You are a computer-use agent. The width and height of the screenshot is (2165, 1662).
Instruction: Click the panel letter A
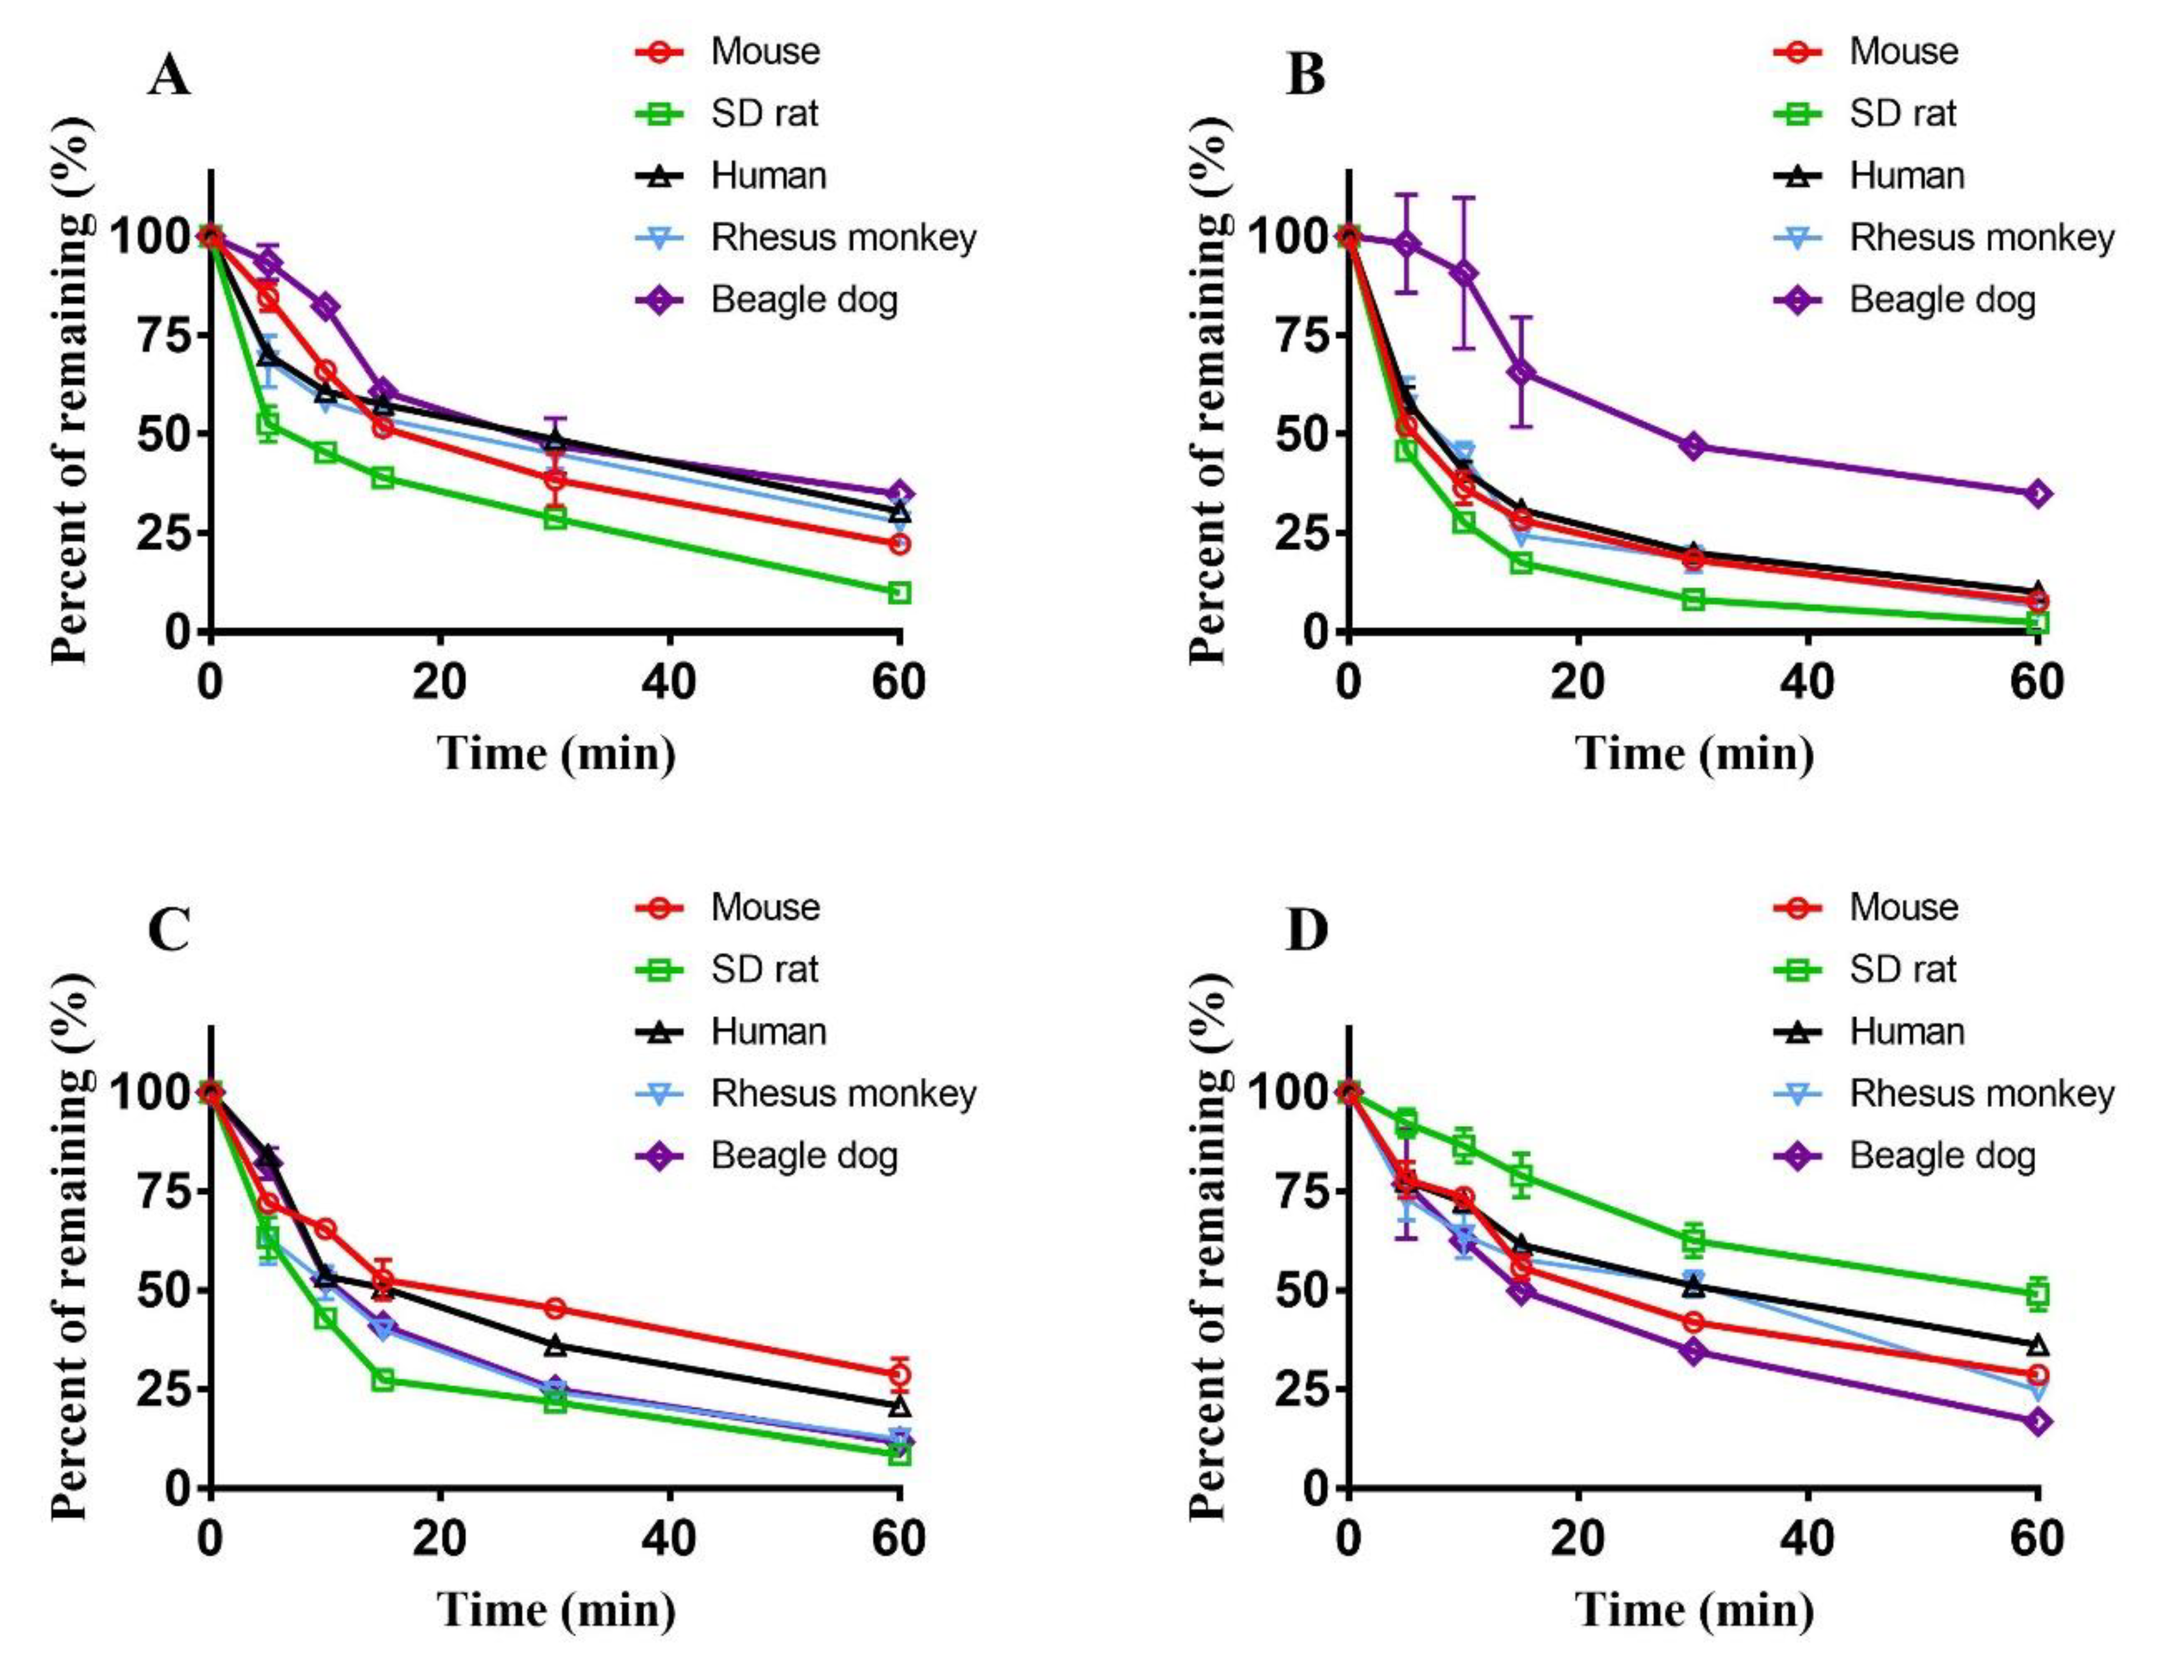coord(169,75)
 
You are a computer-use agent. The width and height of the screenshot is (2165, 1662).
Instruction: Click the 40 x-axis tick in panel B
coord(1808,682)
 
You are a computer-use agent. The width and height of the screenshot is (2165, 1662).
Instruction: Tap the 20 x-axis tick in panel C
coord(439,1538)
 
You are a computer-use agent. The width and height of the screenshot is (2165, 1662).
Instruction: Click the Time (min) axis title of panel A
coord(557,754)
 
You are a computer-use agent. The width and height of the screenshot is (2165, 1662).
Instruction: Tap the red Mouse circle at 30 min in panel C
coord(555,1308)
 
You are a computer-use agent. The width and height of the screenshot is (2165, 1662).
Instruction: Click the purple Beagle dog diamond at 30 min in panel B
coord(1693,446)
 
